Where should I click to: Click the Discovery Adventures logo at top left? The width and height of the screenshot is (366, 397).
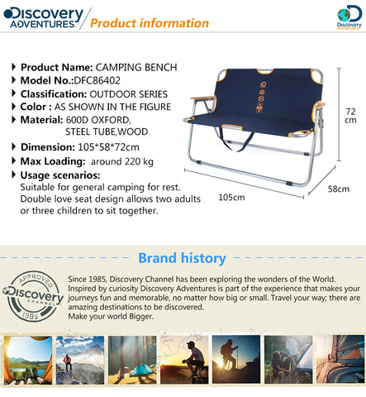coord(43,17)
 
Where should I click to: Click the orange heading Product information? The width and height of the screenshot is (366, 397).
coord(150,23)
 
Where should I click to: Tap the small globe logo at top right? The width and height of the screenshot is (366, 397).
coord(349,17)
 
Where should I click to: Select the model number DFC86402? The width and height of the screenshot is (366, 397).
coord(97,80)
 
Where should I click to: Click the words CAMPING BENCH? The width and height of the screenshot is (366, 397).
coord(136,67)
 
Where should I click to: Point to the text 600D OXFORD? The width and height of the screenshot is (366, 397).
coord(98,120)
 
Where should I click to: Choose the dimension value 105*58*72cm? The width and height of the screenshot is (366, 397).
coord(108,147)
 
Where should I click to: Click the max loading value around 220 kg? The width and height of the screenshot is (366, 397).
coord(122,161)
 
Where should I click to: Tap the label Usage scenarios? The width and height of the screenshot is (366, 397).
coord(60,175)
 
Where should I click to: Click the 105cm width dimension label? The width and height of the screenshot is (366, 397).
coord(231,198)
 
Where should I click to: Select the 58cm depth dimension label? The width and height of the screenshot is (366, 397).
coord(339,189)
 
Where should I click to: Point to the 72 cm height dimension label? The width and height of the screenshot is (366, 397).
coord(350,116)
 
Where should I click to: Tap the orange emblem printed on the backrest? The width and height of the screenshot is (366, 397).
coord(260,97)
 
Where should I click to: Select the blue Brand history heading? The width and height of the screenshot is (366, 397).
coord(182,258)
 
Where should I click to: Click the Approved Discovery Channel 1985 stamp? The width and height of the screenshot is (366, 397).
coord(32,296)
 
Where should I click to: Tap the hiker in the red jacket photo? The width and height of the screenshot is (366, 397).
coord(80,360)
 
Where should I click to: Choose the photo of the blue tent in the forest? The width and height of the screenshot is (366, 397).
coord(132,360)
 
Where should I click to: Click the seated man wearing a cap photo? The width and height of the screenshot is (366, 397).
coord(184,360)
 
